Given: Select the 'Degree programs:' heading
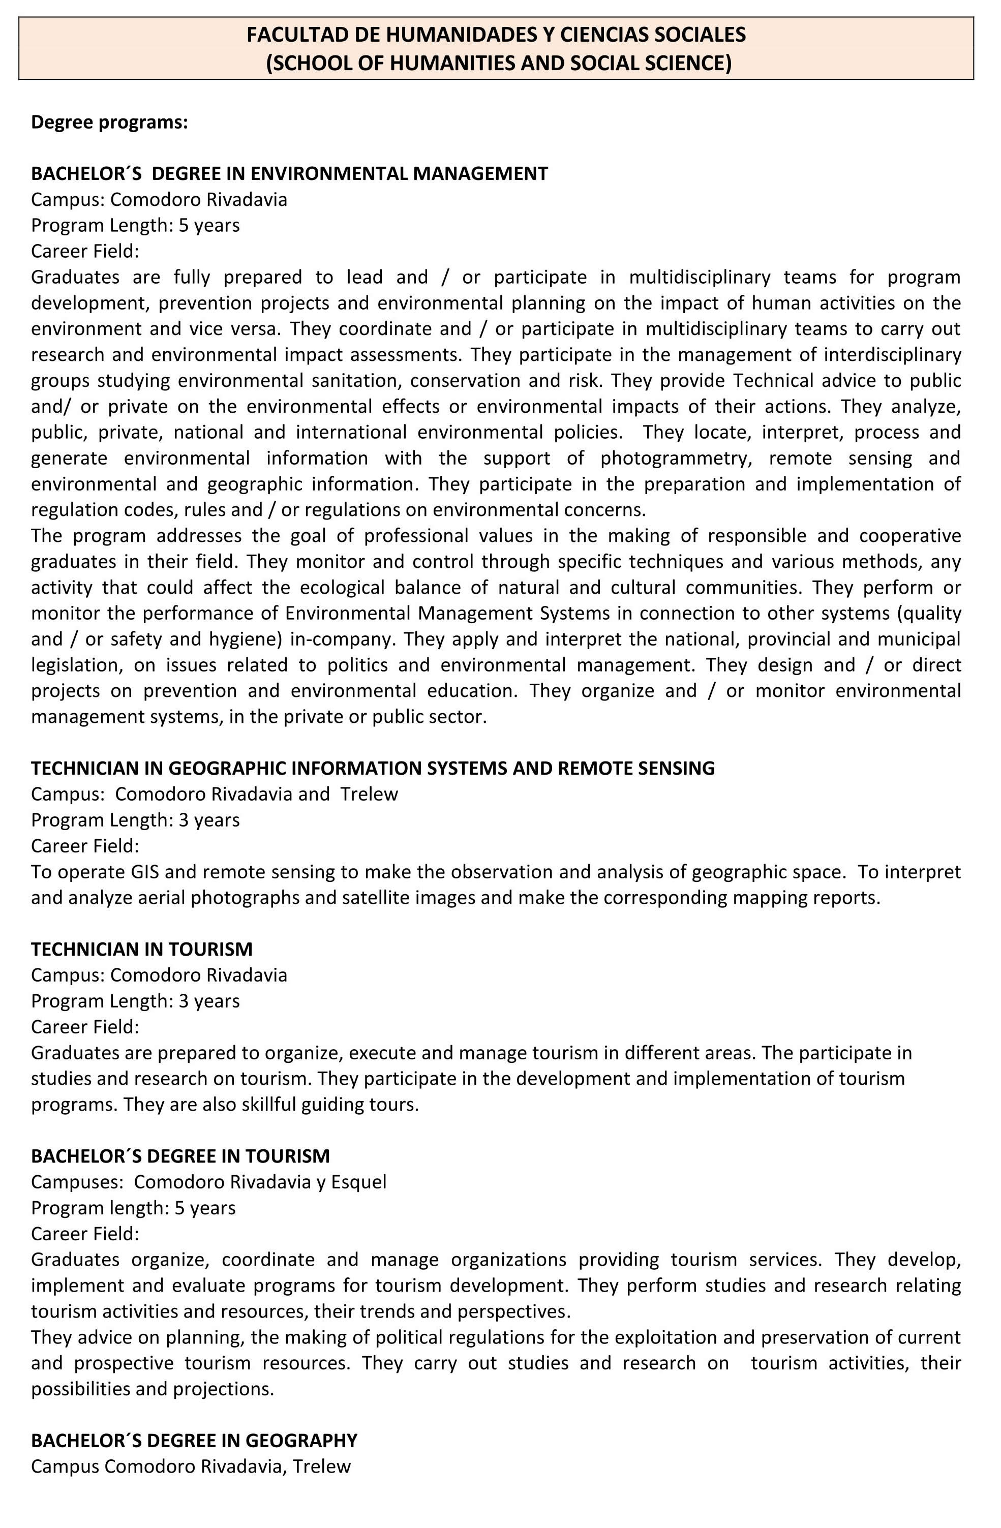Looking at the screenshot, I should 109,122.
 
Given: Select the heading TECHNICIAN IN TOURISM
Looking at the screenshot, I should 141,950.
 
